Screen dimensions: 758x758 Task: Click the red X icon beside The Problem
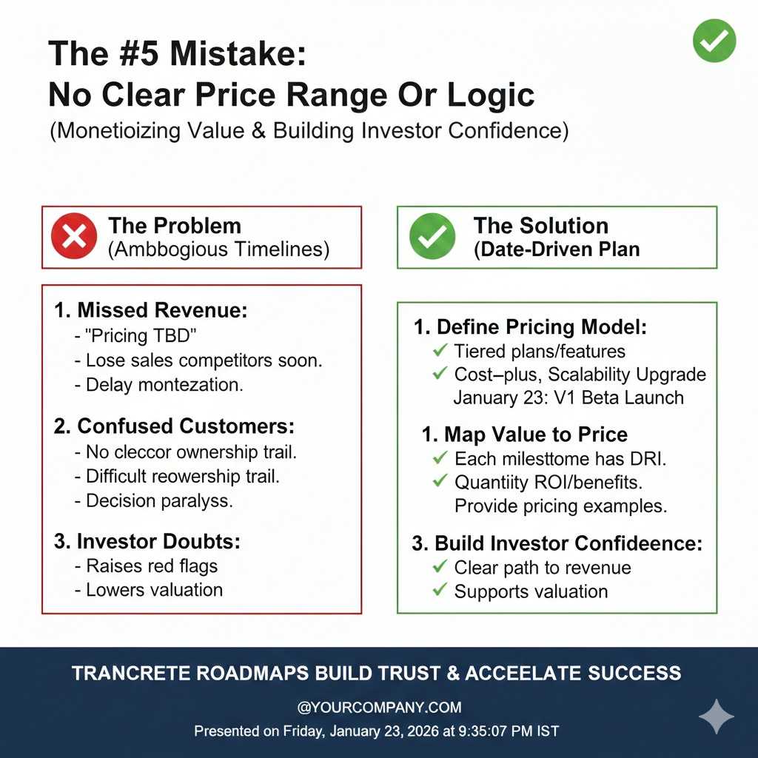(x=74, y=236)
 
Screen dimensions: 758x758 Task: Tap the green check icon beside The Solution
(x=432, y=236)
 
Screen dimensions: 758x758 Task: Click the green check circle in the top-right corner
(x=714, y=41)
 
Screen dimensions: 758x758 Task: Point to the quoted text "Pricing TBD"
(x=141, y=335)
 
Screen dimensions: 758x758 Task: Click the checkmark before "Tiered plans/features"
(x=440, y=350)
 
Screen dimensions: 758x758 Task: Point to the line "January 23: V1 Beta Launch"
(x=568, y=398)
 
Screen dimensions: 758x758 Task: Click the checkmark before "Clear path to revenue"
(x=440, y=566)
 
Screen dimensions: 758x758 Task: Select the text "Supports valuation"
(x=531, y=591)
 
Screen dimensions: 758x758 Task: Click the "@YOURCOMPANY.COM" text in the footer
(x=379, y=707)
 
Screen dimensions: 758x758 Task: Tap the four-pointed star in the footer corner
(x=717, y=717)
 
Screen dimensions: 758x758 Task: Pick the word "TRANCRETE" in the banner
(x=131, y=673)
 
